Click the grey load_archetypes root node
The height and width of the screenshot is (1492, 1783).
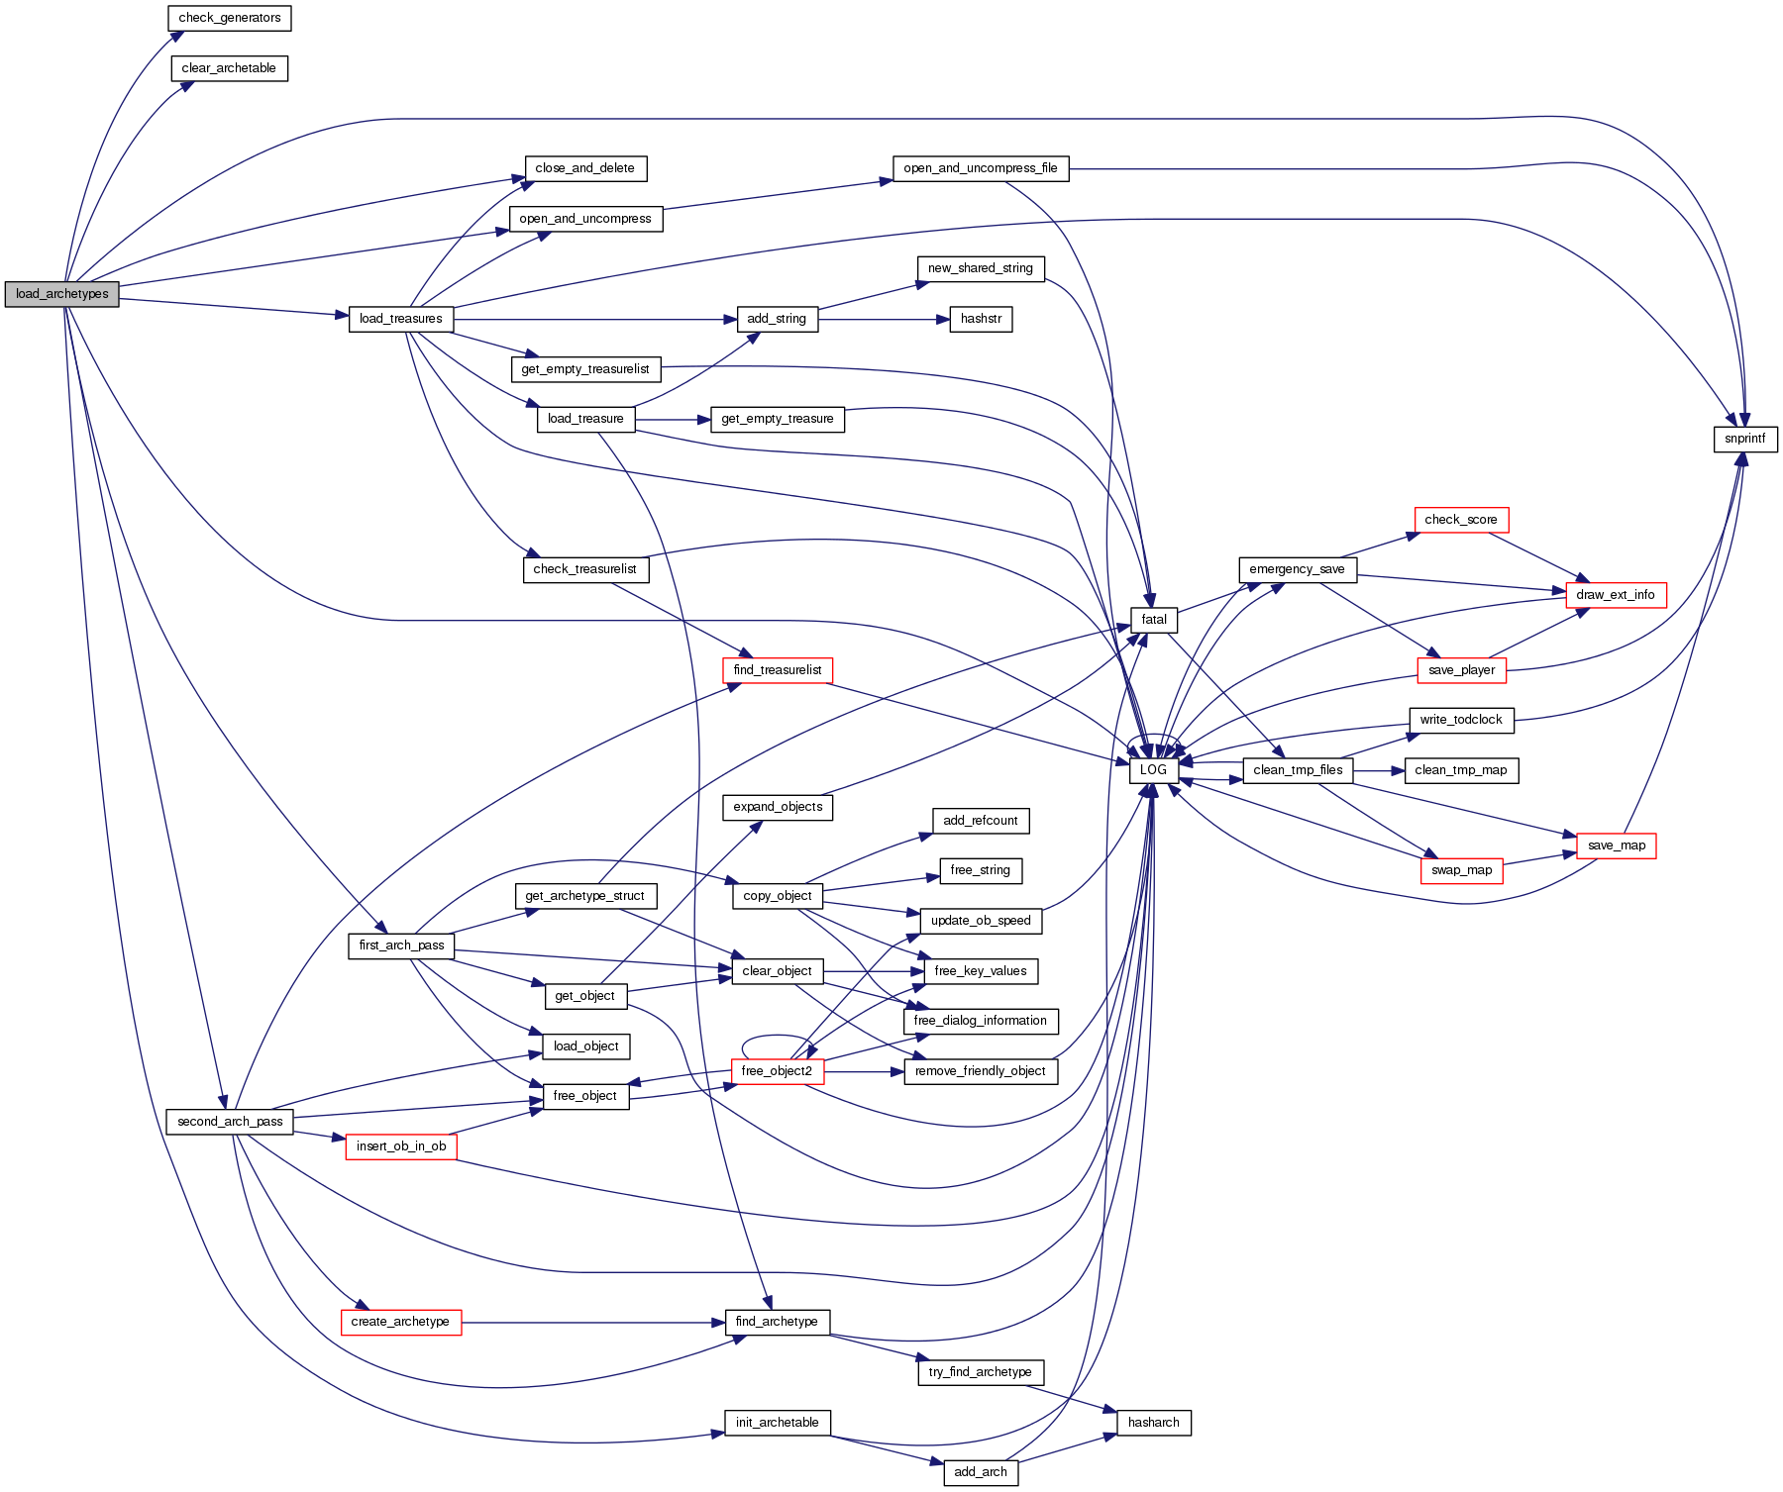(61, 294)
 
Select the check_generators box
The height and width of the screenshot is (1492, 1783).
(230, 18)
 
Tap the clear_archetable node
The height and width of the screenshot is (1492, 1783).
(229, 68)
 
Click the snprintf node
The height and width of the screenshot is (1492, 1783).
(1744, 439)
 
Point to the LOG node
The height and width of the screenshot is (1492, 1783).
(1153, 770)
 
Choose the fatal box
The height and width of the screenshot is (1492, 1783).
(1154, 620)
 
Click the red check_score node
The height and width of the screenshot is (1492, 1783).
(1461, 520)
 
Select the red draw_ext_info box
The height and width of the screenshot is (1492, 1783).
(1616, 595)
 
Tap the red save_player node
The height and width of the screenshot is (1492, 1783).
(1461, 670)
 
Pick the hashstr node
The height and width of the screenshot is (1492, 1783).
(981, 319)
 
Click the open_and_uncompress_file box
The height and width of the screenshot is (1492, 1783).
(981, 168)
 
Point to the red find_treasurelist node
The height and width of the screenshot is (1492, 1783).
(778, 670)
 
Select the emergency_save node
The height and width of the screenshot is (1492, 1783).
(1297, 569)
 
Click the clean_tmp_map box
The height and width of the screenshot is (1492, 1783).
(1461, 770)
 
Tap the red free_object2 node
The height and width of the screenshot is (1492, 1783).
(777, 1071)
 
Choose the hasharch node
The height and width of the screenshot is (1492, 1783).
(1154, 1423)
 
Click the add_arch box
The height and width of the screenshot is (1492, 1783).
(981, 1472)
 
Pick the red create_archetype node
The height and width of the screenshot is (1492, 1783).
(400, 1322)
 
